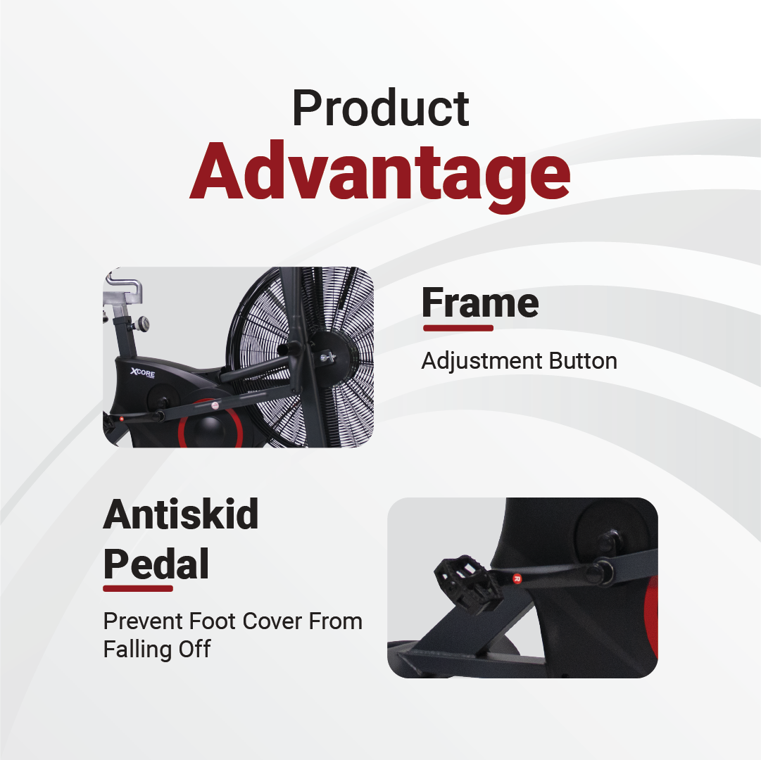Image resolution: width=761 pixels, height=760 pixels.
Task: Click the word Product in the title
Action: pyautogui.click(x=380, y=108)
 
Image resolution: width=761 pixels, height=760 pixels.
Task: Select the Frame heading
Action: pyautogui.click(x=480, y=303)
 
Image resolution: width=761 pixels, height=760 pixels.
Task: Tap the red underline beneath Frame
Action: pyautogui.click(x=458, y=329)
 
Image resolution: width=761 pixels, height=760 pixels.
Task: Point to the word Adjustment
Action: pyautogui.click(x=482, y=361)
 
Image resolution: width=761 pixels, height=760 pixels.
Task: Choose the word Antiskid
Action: pyautogui.click(x=180, y=514)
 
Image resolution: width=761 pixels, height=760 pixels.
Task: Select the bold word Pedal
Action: pyautogui.click(x=156, y=564)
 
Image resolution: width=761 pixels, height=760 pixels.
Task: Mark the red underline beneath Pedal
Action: pyautogui.click(x=138, y=589)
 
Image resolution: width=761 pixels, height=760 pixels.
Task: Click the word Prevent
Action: pyautogui.click(x=143, y=621)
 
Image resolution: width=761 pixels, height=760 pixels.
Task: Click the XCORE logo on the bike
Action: pyautogui.click(x=142, y=372)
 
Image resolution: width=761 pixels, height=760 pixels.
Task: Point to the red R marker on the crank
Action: pyautogui.click(x=517, y=578)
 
